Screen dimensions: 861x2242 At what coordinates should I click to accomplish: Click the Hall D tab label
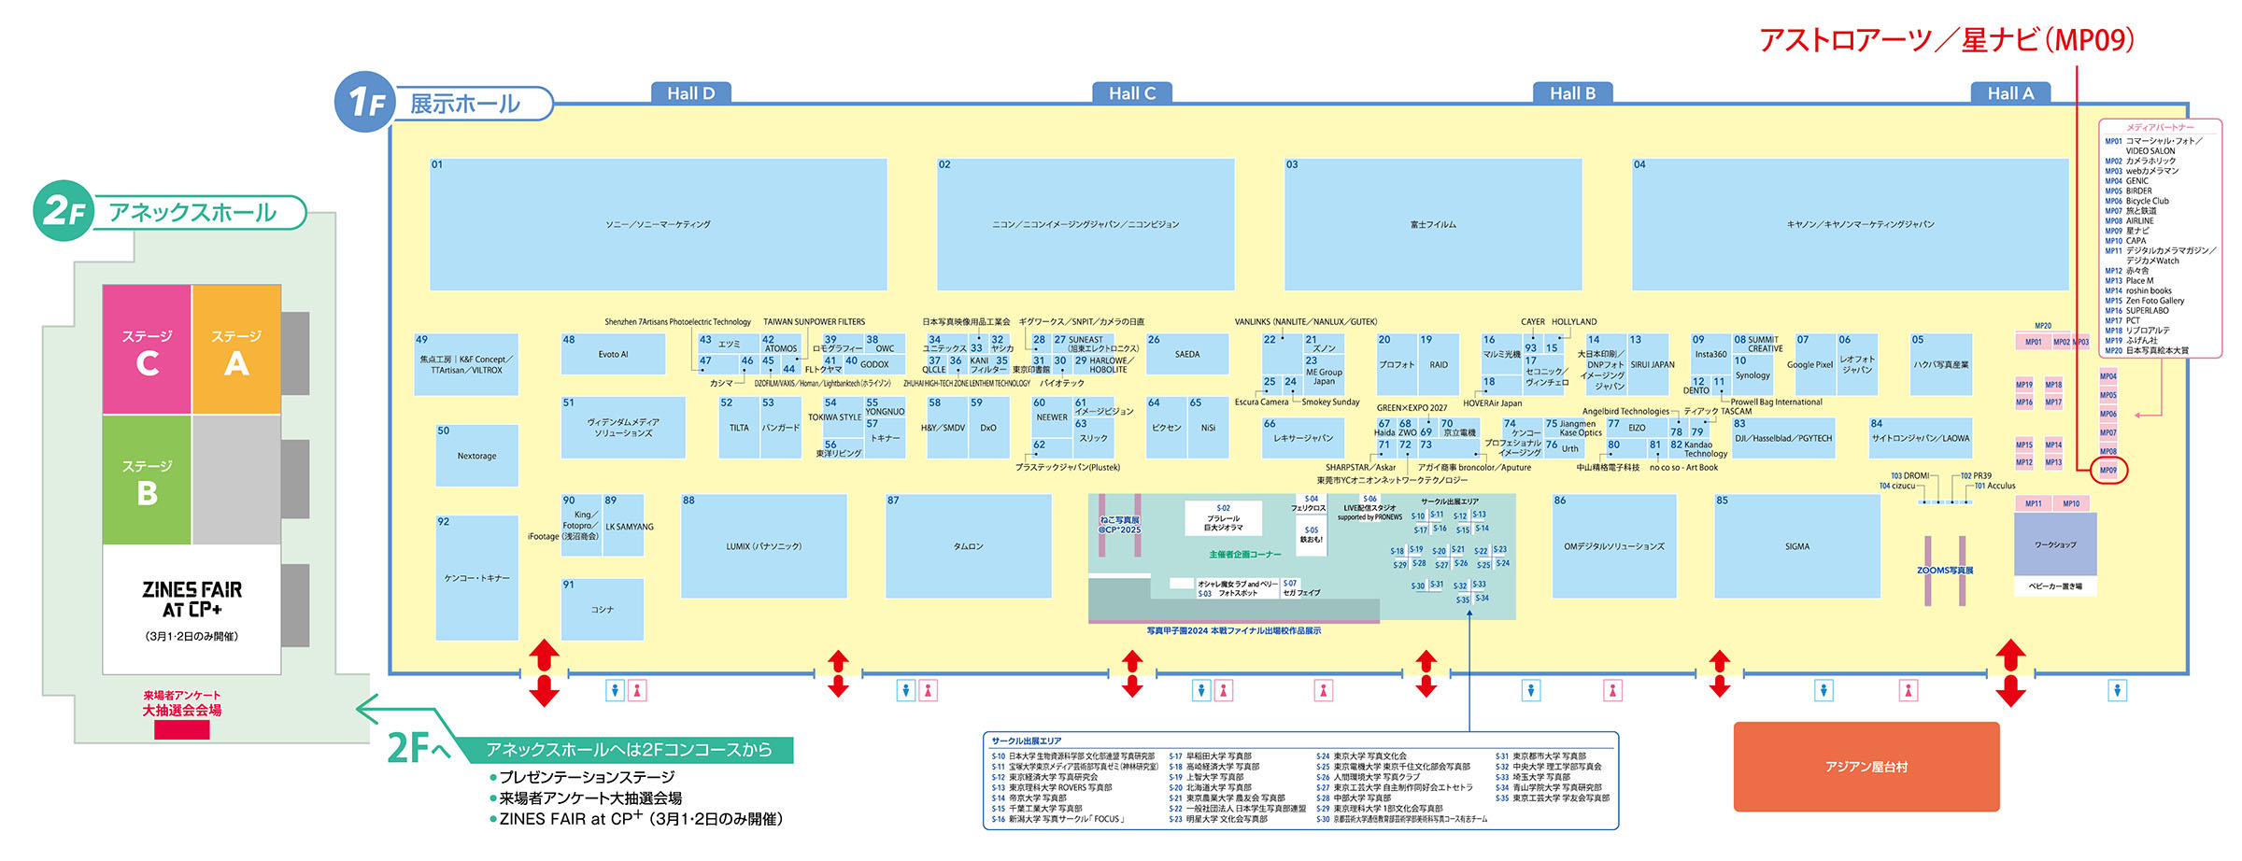[x=690, y=92]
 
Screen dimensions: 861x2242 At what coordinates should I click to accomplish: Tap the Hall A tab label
[x=2010, y=92]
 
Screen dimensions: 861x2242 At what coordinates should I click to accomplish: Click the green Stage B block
[x=147, y=480]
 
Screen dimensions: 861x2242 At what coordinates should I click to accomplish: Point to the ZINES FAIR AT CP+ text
[x=192, y=599]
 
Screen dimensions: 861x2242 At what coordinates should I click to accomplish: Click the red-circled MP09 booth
[x=2108, y=470]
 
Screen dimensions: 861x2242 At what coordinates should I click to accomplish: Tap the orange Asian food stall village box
[x=1866, y=767]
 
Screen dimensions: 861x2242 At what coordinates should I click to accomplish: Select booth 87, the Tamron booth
[x=968, y=546]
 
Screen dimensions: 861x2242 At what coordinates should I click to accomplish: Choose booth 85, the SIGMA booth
[x=1796, y=546]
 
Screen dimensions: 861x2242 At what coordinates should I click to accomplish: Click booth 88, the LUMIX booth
[x=763, y=546]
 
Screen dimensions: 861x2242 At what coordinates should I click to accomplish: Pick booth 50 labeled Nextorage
[x=476, y=456]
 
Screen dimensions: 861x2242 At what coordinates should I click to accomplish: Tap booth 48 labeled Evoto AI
[x=613, y=354]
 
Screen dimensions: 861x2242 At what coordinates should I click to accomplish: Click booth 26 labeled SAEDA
[x=1187, y=354]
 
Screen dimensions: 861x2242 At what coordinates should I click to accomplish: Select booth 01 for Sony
[x=658, y=224]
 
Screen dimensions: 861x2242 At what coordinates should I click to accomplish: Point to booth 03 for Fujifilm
[x=1433, y=224]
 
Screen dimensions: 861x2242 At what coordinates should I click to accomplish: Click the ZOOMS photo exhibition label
[x=1945, y=570]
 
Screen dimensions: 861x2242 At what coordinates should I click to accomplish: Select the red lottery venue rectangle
[x=181, y=730]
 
